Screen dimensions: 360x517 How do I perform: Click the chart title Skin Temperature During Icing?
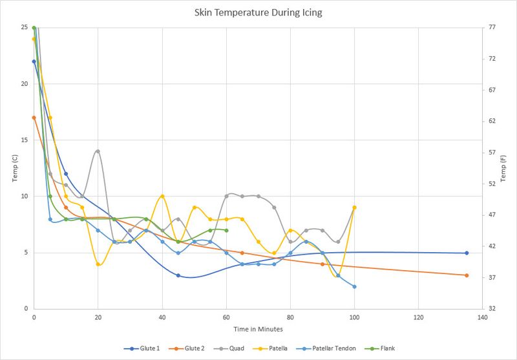(258, 12)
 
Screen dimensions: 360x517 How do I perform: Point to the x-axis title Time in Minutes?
(258, 330)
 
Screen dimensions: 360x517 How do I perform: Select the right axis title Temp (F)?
(503, 168)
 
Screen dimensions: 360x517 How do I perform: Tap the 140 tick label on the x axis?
(482, 318)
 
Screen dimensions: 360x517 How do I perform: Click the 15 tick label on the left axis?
(24, 140)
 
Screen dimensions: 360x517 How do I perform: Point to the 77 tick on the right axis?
(492, 28)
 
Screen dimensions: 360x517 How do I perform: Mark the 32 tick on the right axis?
(492, 309)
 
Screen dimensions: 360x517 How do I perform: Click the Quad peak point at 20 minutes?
(98, 151)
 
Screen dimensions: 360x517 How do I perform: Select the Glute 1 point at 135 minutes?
(466, 253)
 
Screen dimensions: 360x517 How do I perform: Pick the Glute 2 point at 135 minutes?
(466, 275)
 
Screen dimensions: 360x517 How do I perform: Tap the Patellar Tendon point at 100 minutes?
(354, 286)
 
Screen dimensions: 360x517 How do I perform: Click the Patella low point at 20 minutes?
(98, 264)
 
